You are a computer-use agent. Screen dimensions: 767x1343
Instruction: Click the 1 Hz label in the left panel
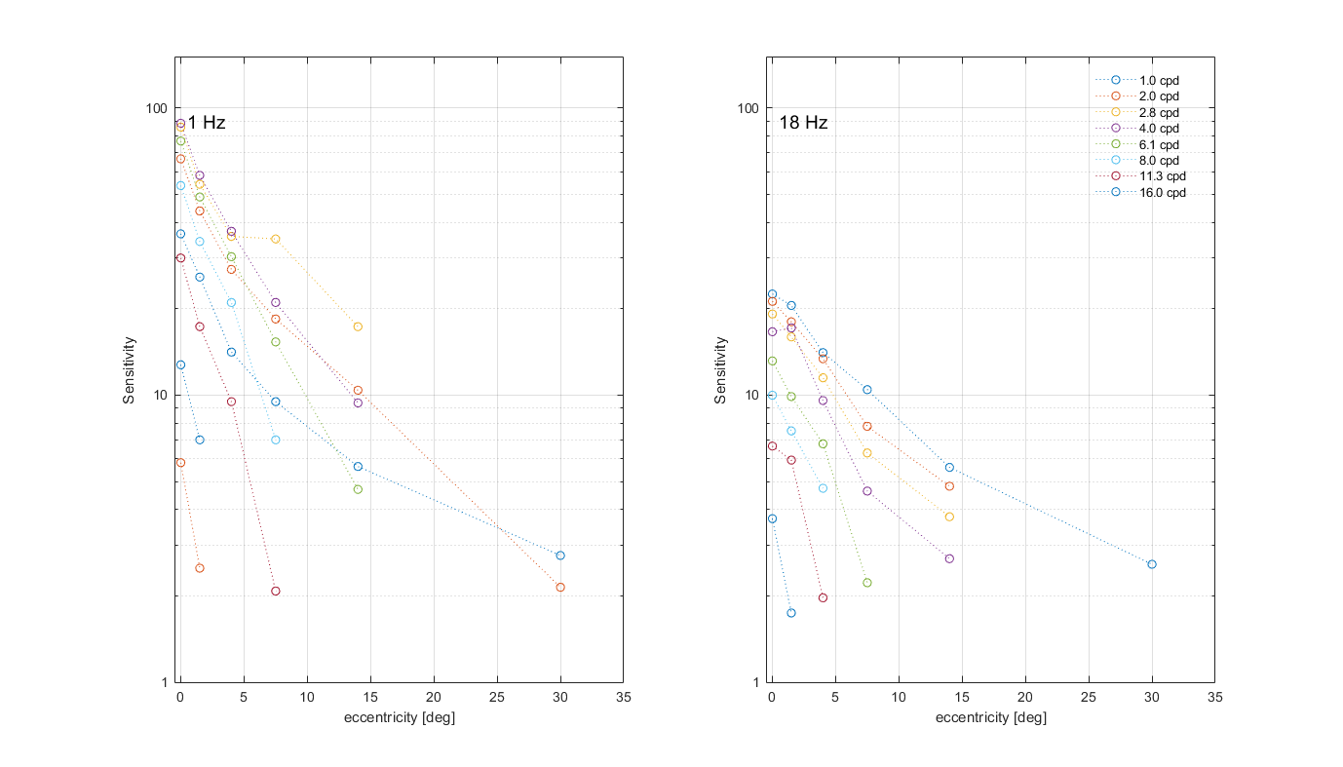pos(207,123)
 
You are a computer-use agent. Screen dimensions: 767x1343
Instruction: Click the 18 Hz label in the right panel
pos(803,123)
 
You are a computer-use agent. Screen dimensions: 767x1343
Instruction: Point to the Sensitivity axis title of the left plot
pos(129,370)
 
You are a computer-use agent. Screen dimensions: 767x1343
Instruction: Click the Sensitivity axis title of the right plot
pos(721,370)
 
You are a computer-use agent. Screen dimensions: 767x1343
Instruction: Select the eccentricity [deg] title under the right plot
pos(991,718)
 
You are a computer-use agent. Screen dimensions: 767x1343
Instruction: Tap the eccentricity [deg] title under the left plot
pos(400,718)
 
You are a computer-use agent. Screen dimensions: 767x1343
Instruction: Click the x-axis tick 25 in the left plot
pos(497,698)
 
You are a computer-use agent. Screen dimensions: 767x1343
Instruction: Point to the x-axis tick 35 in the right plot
pos(1214,698)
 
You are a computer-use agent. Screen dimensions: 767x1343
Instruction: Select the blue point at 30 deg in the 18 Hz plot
pos(1152,564)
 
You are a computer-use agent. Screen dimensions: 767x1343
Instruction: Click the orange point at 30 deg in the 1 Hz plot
pos(560,588)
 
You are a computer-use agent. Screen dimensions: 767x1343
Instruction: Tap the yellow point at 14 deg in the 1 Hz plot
pos(358,326)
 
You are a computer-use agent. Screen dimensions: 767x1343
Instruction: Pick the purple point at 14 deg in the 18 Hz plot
pos(949,558)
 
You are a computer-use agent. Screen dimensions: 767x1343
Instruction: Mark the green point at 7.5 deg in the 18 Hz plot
pos(867,583)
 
